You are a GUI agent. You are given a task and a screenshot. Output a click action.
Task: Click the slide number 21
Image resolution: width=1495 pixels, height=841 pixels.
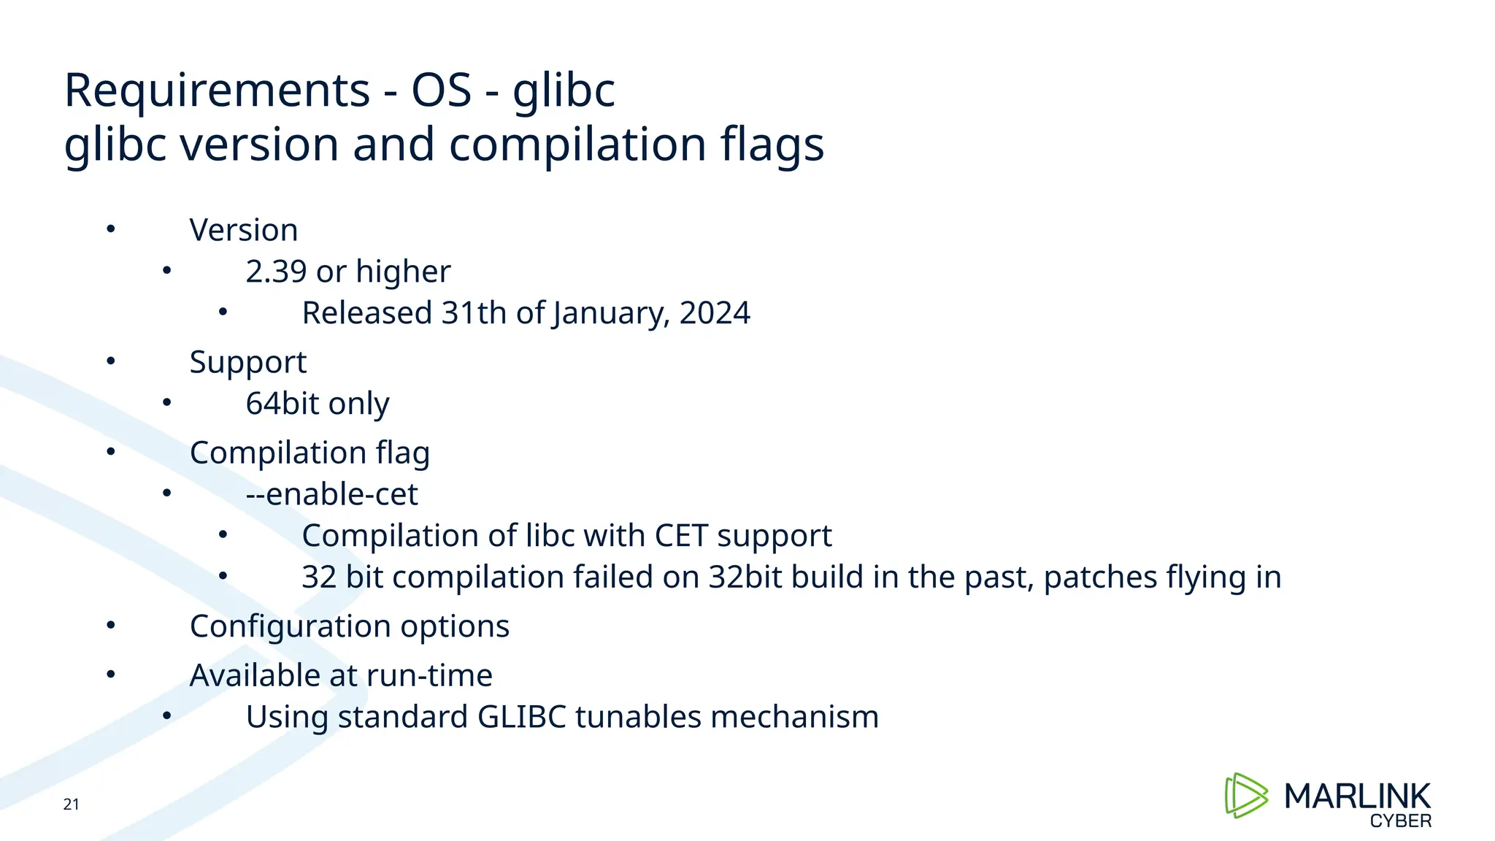(x=71, y=804)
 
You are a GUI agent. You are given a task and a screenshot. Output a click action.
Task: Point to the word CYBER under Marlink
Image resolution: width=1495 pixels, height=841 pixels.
(x=1400, y=821)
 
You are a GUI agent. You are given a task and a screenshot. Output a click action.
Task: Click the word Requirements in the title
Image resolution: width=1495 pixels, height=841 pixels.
(x=217, y=91)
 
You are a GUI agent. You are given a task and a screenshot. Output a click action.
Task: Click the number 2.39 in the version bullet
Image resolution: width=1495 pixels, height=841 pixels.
(x=276, y=272)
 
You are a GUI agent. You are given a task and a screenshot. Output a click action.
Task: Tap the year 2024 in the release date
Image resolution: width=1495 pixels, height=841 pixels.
(x=714, y=313)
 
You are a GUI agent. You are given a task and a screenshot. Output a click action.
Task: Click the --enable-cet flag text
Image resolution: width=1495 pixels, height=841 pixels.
(x=331, y=494)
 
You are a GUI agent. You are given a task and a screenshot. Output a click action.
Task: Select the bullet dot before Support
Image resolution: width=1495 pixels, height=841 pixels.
(x=110, y=361)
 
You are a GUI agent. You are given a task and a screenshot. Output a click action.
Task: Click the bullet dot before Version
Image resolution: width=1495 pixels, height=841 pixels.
(x=110, y=229)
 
